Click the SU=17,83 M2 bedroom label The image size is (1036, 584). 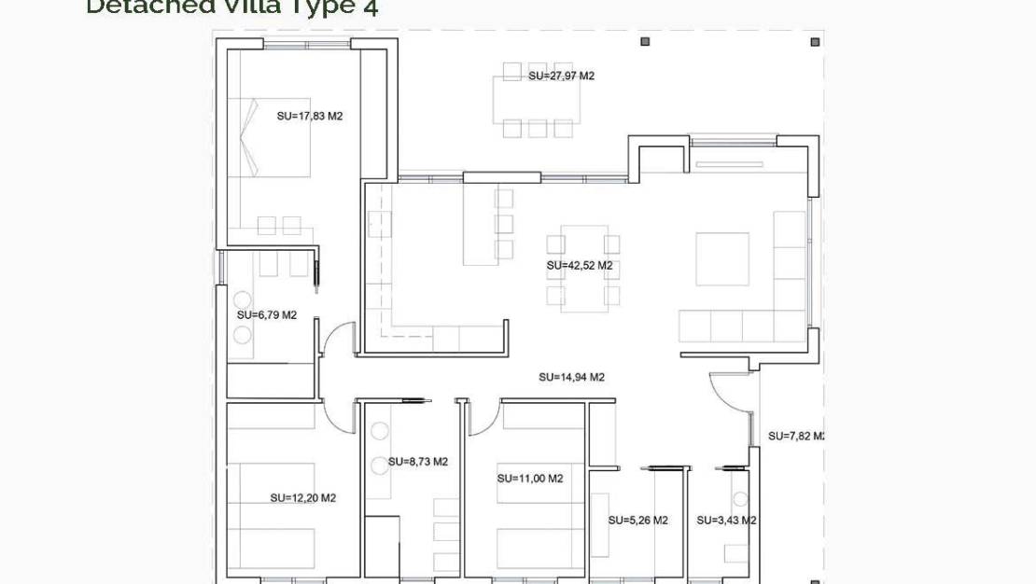[310, 117]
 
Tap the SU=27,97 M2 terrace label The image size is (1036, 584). [561, 76]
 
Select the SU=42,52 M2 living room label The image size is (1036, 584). [579, 266]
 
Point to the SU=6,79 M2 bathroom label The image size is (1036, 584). [266, 315]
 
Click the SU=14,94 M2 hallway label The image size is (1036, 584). [571, 378]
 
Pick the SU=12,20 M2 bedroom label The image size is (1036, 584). [302, 498]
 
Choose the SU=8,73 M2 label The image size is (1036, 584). [417, 462]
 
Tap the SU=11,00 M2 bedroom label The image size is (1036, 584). [529, 479]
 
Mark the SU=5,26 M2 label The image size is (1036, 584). [637, 521]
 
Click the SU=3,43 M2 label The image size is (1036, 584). [725, 521]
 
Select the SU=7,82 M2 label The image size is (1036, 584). [796, 436]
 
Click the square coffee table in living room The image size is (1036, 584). [722, 259]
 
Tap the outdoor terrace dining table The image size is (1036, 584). [537, 99]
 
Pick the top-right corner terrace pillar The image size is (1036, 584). [815, 42]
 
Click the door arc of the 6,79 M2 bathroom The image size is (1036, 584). [338, 337]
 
